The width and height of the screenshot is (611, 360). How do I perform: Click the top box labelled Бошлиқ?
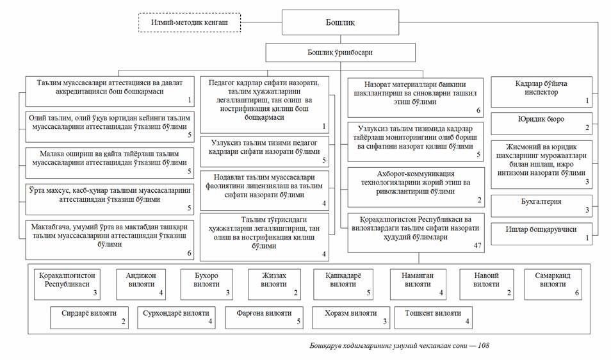pos(340,22)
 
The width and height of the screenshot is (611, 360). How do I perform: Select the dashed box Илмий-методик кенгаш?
pos(190,22)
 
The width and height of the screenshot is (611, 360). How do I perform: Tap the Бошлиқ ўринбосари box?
pos(340,53)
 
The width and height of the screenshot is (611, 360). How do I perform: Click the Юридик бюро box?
pos(541,124)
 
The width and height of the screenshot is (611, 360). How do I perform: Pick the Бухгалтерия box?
pos(541,206)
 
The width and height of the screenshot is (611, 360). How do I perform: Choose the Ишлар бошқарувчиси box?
pos(541,234)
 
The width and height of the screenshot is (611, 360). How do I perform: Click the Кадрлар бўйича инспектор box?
pos(541,92)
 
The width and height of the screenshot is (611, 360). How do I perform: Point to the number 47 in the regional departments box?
pos(477,245)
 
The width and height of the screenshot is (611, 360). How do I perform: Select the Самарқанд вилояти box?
pos(553,284)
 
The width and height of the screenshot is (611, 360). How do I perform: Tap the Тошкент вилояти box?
pos(434,318)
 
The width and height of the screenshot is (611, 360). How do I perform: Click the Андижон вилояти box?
pos(141,284)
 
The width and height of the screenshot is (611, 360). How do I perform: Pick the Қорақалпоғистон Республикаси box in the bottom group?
pos(67,284)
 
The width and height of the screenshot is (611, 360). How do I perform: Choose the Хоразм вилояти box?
pos(351,318)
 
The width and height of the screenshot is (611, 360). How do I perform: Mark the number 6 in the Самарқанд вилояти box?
pos(576,293)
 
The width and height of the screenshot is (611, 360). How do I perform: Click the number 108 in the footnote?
pos(483,345)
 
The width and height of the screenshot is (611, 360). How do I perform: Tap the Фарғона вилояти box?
pos(265,318)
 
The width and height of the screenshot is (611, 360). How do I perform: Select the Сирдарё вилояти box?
pos(89,318)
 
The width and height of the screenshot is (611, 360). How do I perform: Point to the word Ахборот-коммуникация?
pos(416,174)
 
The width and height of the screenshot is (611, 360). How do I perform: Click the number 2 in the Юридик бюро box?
pos(587,127)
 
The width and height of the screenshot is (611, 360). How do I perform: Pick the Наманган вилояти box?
pos(418,284)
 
